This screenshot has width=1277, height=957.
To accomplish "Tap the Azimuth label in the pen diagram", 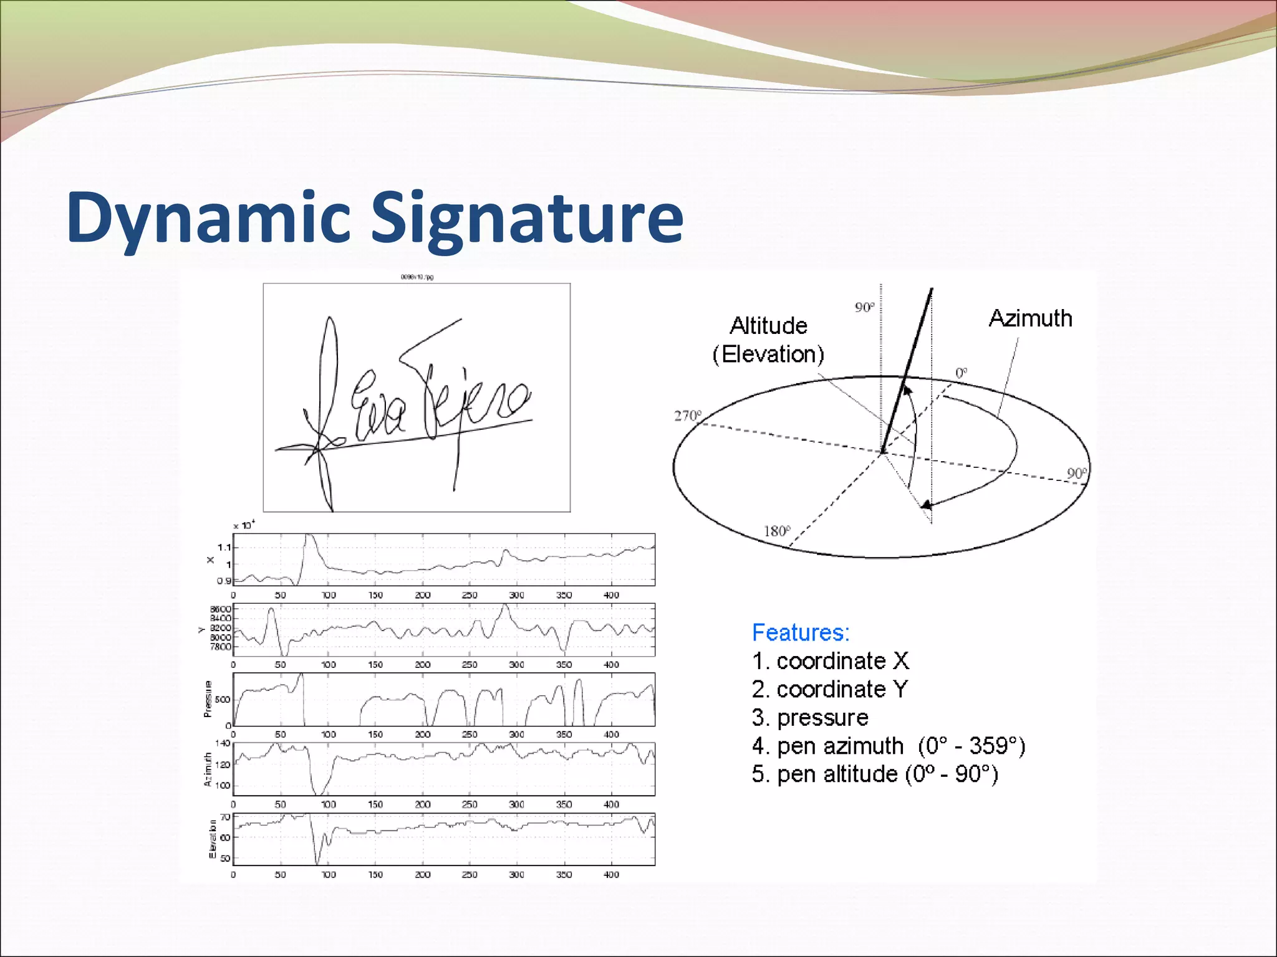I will tap(1030, 318).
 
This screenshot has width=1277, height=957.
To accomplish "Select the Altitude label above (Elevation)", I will tap(768, 326).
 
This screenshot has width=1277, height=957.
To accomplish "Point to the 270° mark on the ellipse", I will tap(688, 416).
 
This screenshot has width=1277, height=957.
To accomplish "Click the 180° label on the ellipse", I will tap(777, 531).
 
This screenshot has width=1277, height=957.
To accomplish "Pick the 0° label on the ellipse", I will tap(961, 373).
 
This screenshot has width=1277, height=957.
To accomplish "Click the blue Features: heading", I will tap(801, 632).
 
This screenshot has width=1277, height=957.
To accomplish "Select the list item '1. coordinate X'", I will tap(831, 660).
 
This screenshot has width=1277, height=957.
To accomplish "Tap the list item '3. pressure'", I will tap(810, 717).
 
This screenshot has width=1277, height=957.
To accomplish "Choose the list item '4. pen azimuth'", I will tap(889, 746).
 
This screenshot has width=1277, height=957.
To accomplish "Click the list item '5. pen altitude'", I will tap(875, 774).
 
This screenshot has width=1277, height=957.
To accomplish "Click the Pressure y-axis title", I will tap(208, 699).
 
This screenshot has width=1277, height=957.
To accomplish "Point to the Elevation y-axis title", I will tap(213, 839).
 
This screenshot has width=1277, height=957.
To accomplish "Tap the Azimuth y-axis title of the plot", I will tap(208, 769).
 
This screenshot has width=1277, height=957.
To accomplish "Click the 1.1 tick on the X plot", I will tap(224, 548).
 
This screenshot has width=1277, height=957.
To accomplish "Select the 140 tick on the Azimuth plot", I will tap(223, 743).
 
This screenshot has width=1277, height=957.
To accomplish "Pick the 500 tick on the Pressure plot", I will tap(223, 700).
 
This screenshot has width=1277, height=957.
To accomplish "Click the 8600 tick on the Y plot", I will tap(221, 609).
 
